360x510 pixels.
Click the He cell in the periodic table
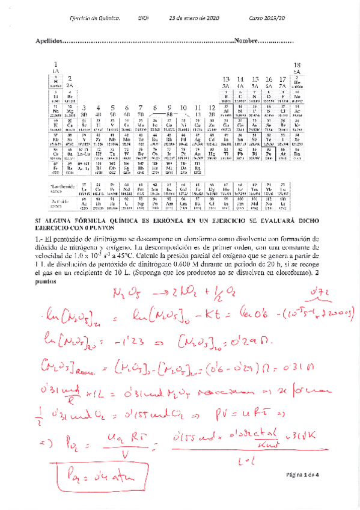296,83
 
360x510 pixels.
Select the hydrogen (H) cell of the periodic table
55,83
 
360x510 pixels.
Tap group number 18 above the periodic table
297,65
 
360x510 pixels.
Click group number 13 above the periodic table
226,79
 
